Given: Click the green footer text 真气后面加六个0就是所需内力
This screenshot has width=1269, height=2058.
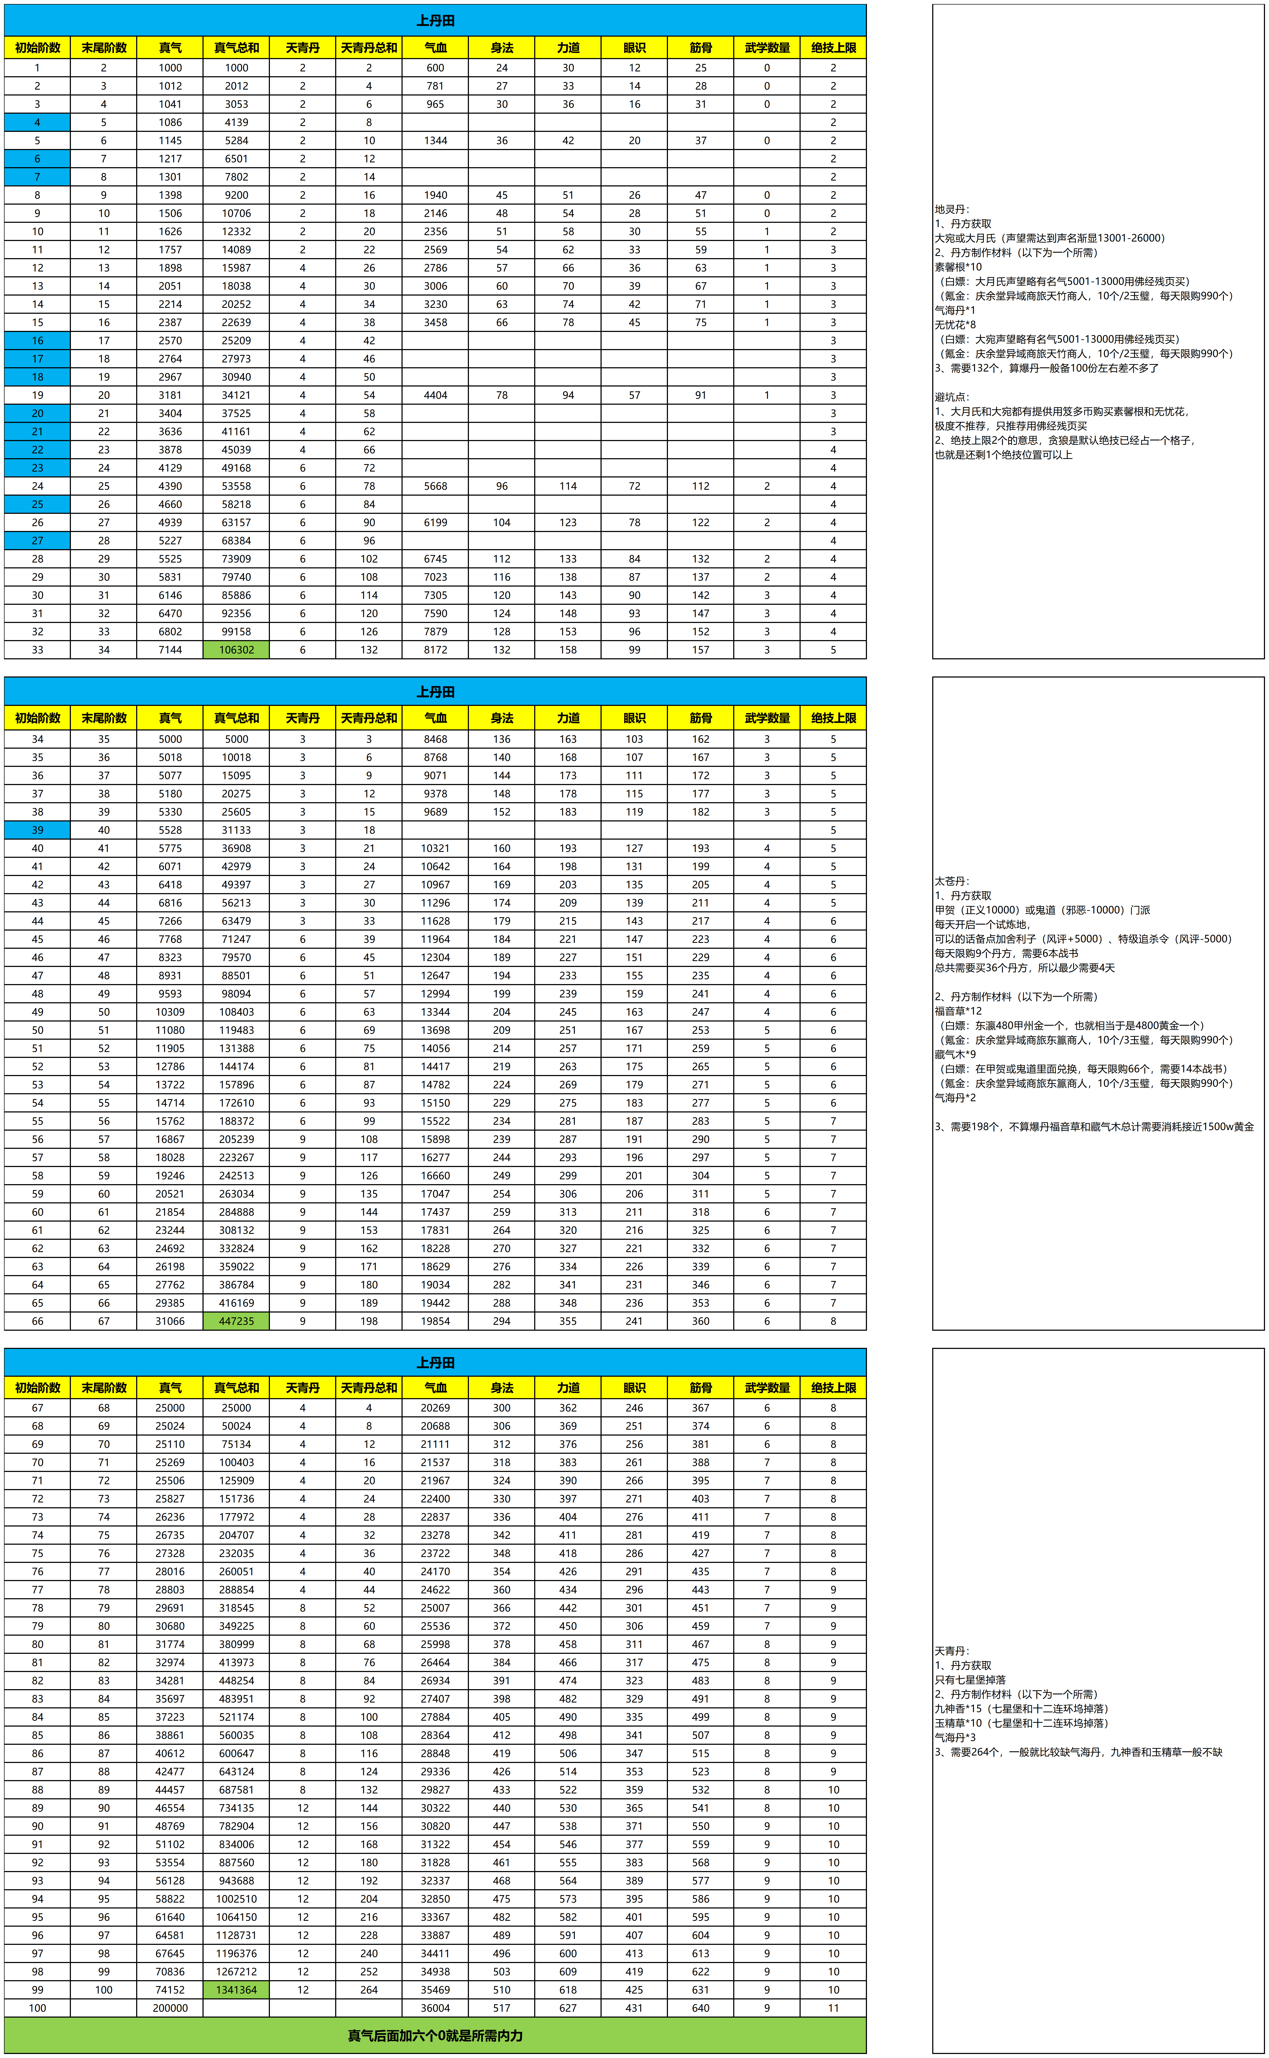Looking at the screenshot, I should (435, 2035).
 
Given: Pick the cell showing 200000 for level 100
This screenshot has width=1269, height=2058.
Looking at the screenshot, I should (170, 2008).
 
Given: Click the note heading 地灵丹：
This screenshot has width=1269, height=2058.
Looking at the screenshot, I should (952, 209).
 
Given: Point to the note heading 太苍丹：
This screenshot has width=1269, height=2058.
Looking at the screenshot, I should (952, 881).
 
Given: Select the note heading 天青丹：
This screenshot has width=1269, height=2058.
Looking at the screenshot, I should (952, 1650).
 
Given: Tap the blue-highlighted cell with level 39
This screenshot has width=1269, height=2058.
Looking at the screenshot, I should (37, 830).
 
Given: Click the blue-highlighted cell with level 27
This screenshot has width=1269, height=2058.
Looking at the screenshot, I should (37, 540).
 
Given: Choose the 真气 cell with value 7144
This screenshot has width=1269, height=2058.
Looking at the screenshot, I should (170, 649).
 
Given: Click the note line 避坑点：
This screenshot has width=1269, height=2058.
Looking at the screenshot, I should (952, 397).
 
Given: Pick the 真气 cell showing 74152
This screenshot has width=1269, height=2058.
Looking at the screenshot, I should (170, 1989).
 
